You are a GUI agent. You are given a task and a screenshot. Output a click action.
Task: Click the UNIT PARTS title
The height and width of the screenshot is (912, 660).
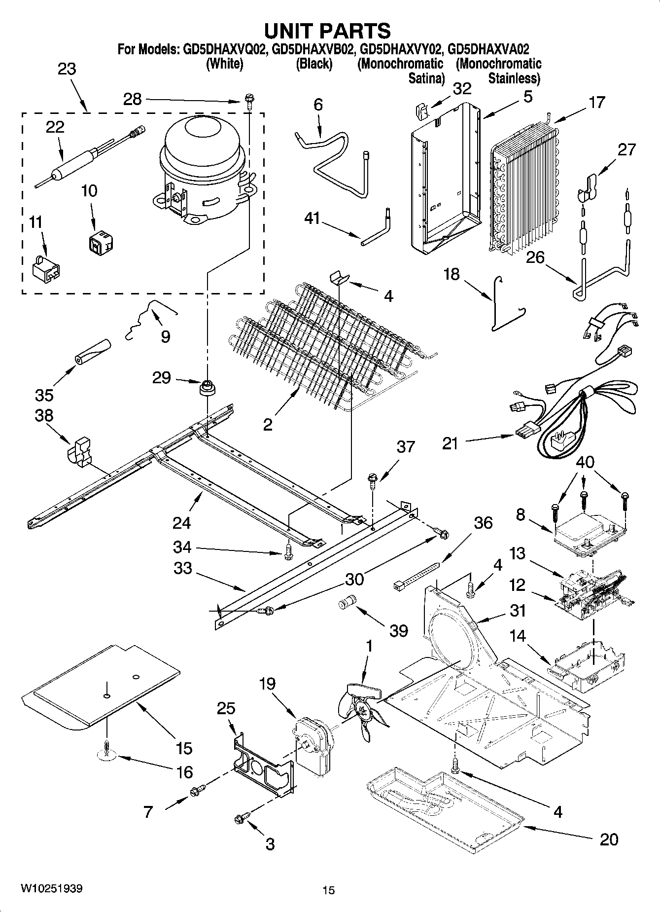[x=327, y=31]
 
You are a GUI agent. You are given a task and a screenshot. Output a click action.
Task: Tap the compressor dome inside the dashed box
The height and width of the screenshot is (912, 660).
[x=202, y=144]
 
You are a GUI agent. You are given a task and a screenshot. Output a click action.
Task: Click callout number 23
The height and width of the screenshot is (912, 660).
[x=67, y=69]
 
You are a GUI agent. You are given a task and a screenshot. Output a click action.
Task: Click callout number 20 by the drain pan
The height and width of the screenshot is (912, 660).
[x=609, y=839]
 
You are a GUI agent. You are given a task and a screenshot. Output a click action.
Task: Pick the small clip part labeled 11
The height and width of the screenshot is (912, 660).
[x=45, y=269]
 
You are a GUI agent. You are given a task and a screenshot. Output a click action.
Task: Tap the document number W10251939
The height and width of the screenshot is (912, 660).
[x=51, y=889]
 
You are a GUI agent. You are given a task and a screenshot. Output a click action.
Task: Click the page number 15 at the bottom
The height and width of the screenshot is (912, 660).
[x=329, y=890]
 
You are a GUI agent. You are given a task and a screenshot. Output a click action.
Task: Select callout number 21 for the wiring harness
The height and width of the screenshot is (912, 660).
[x=450, y=443]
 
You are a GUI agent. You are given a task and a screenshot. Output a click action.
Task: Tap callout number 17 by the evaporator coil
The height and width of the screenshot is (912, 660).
[x=596, y=103]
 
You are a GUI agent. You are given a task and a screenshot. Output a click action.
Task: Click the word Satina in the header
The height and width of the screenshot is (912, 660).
[x=426, y=78]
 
